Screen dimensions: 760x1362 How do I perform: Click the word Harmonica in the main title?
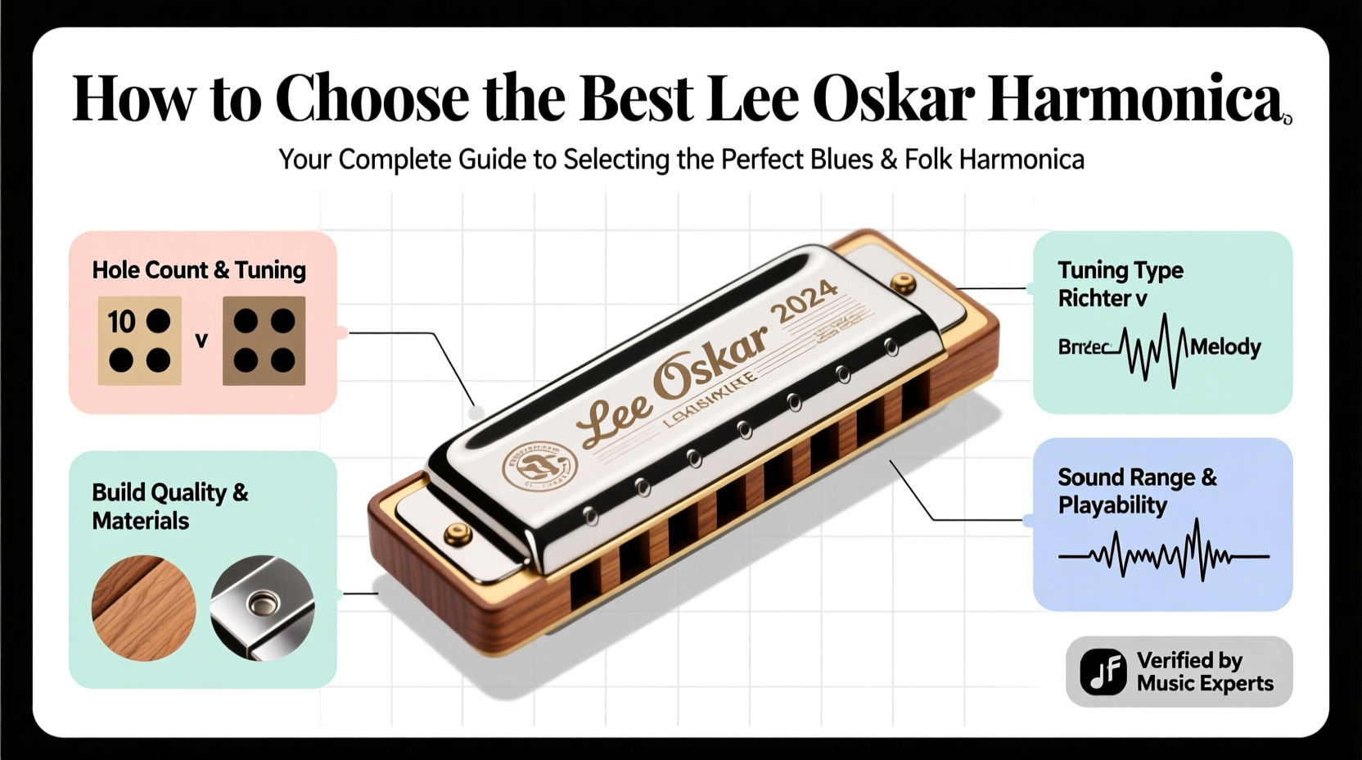point(1134,99)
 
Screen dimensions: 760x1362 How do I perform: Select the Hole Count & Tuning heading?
point(199,270)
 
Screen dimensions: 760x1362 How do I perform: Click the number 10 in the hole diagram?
point(121,322)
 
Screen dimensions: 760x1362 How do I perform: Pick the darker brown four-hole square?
point(264,341)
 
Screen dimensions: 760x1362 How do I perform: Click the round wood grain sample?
point(144,608)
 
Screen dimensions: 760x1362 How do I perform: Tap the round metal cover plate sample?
point(262,608)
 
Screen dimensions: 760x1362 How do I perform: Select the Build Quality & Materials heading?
point(169,506)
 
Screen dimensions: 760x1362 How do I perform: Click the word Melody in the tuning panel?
point(1224,347)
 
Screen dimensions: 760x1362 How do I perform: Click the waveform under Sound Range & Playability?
point(1163,554)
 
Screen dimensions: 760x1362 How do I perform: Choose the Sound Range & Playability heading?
point(1137,491)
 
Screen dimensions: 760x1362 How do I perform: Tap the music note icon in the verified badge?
point(1103,672)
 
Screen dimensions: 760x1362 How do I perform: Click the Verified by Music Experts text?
point(1204,672)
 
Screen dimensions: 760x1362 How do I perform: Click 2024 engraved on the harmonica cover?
point(805,301)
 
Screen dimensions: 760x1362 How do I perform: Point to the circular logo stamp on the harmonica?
point(539,465)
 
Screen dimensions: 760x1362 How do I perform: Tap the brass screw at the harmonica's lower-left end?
point(458,536)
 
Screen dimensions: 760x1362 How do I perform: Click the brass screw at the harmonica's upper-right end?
point(903,283)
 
